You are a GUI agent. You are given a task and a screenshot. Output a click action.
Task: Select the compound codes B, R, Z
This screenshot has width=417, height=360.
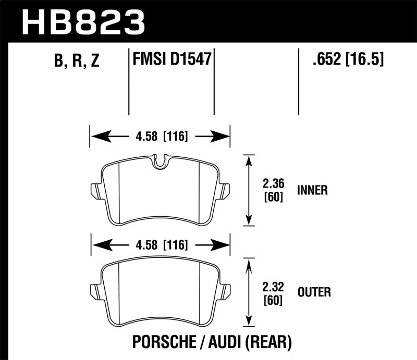[x=76, y=62]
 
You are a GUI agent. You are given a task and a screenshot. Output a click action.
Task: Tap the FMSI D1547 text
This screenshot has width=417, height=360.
[x=171, y=59]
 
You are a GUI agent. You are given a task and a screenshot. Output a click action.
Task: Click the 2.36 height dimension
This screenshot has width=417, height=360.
[x=274, y=183]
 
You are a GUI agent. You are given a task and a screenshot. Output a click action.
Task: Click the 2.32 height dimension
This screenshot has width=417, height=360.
[x=274, y=285]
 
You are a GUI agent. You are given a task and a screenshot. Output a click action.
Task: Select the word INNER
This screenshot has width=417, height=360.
[x=312, y=190]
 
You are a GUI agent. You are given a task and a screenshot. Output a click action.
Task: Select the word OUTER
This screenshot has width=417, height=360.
[x=314, y=292]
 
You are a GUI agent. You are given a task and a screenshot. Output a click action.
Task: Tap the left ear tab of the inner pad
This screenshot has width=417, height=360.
[x=95, y=191]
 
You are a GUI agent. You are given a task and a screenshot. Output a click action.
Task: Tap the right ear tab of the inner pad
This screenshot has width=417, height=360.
[x=225, y=191]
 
